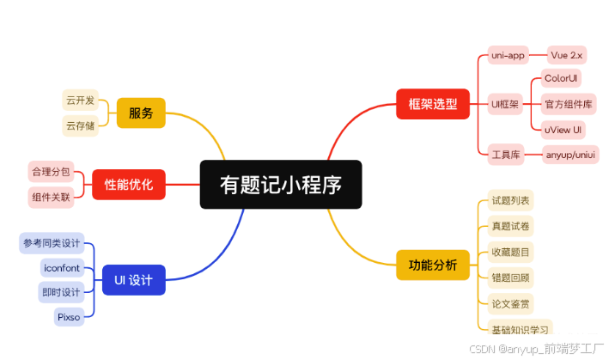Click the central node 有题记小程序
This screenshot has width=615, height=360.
[x=279, y=185]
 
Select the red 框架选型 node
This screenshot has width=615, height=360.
[x=432, y=105]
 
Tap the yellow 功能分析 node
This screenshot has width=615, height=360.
[x=432, y=265]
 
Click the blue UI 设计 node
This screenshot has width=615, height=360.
[x=133, y=278]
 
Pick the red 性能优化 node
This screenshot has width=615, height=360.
[x=129, y=184]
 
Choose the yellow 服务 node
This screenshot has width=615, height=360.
[x=140, y=113]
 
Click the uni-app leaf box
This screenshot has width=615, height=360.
[x=507, y=55]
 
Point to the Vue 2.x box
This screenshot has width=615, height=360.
[x=567, y=55]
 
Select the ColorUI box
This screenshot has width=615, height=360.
[x=562, y=78]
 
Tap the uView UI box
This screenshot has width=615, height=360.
[x=563, y=130]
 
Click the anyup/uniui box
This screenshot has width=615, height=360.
[x=570, y=156]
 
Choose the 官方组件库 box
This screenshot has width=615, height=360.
[x=568, y=105]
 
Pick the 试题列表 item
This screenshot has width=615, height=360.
[x=510, y=201]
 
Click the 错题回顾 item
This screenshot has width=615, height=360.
[x=510, y=278]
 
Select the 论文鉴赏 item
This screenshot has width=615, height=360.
[x=510, y=303]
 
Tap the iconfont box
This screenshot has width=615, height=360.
[x=61, y=268]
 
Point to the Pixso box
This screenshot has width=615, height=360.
[x=68, y=317]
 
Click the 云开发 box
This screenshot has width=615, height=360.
[x=80, y=101]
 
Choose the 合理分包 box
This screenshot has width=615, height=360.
[x=51, y=171]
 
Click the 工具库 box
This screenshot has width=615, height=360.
[x=505, y=156]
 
